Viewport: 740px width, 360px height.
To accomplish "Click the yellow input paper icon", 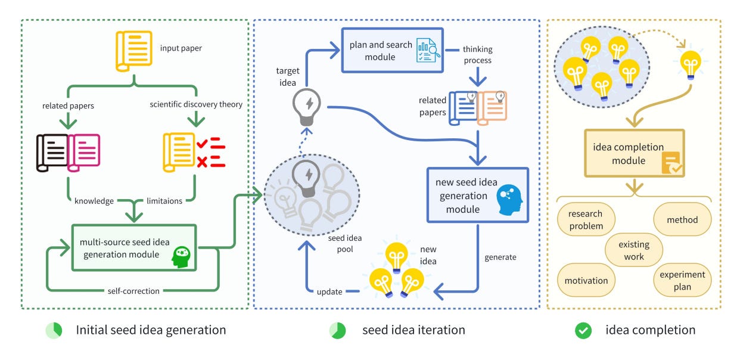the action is (x=134, y=51).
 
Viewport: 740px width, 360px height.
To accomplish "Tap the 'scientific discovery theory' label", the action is (x=196, y=104).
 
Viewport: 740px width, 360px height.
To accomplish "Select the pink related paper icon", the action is (x=84, y=153).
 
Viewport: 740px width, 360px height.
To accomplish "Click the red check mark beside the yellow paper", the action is (x=202, y=144).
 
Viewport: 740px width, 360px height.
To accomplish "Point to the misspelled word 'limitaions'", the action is (x=164, y=201).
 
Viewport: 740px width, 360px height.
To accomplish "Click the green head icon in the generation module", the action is (x=181, y=257).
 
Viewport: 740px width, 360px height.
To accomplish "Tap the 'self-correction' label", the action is (x=133, y=291).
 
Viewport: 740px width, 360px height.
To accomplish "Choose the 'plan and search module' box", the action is (x=393, y=50).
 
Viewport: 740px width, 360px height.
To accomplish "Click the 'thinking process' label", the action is (x=478, y=55).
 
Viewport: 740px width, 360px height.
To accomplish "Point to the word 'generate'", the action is (x=500, y=257).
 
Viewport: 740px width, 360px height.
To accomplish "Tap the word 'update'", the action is (x=329, y=291).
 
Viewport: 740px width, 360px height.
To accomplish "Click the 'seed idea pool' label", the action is (x=345, y=243).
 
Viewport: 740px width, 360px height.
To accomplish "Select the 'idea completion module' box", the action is (x=635, y=153).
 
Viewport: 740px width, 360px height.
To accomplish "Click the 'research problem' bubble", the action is (x=586, y=219).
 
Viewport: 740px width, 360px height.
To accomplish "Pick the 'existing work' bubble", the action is (x=634, y=250).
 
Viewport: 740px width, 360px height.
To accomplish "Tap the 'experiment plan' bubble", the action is (x=682, y=280).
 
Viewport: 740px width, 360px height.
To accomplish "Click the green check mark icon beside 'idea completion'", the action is (x=583, y=331).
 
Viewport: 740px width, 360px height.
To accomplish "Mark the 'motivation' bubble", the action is (x=586, y=280).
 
